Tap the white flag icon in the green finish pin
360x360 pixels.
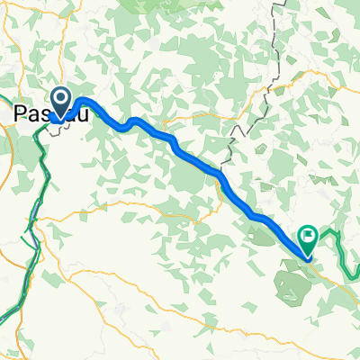(308, 238)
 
